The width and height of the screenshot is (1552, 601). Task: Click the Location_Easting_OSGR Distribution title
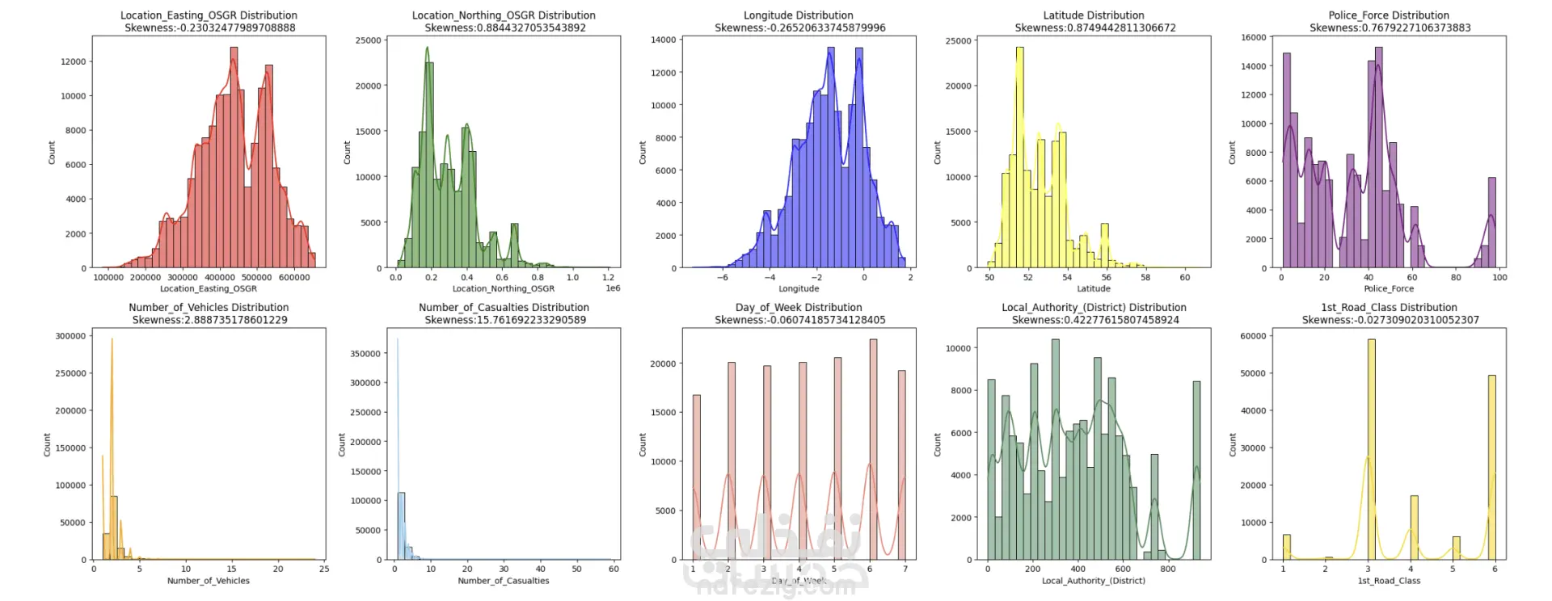pos(209,15)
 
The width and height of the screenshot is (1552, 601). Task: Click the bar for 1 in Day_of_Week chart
pos(696,477)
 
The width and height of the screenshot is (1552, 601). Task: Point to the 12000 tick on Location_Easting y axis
pos(74,61)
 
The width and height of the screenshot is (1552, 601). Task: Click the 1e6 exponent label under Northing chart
pos(613,288)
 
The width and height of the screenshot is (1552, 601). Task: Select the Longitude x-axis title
pos(799,288)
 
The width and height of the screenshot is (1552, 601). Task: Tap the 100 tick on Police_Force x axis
pos(1499,277)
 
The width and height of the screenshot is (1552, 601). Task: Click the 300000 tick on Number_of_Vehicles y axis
pos(70,336)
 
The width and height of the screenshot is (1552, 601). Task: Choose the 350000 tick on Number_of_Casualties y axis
pos(365,354)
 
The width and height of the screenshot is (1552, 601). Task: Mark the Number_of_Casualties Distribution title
pos(504,308)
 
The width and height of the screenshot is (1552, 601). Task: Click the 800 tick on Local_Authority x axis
pos(1168,569)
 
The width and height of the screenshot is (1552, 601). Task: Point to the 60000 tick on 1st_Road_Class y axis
pos(1254,336)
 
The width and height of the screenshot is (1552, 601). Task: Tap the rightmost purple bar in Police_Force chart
pos(1492,222)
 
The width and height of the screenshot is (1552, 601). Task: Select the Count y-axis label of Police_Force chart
pos(1232,153)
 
